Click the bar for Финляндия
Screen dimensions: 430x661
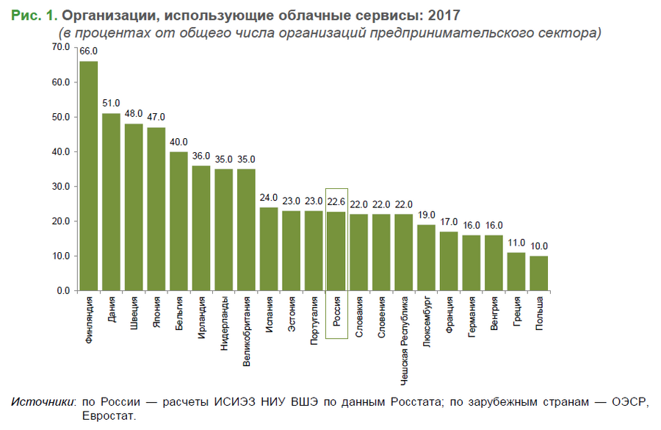tap(88, 176)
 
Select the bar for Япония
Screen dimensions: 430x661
tap(156, 209)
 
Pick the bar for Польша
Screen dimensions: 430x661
tap(539, 273)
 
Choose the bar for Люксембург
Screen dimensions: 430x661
tap(426, 258)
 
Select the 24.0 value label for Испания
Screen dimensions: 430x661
tap(269, 198)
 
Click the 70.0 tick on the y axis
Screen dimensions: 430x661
tap(60, 47)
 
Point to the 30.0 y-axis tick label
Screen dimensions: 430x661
tap(60, 187)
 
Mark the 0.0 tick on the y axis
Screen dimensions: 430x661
tap(63, 291)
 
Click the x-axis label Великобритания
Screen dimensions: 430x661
tap(247, 331)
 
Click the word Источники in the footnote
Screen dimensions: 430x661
tap(43, 402)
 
